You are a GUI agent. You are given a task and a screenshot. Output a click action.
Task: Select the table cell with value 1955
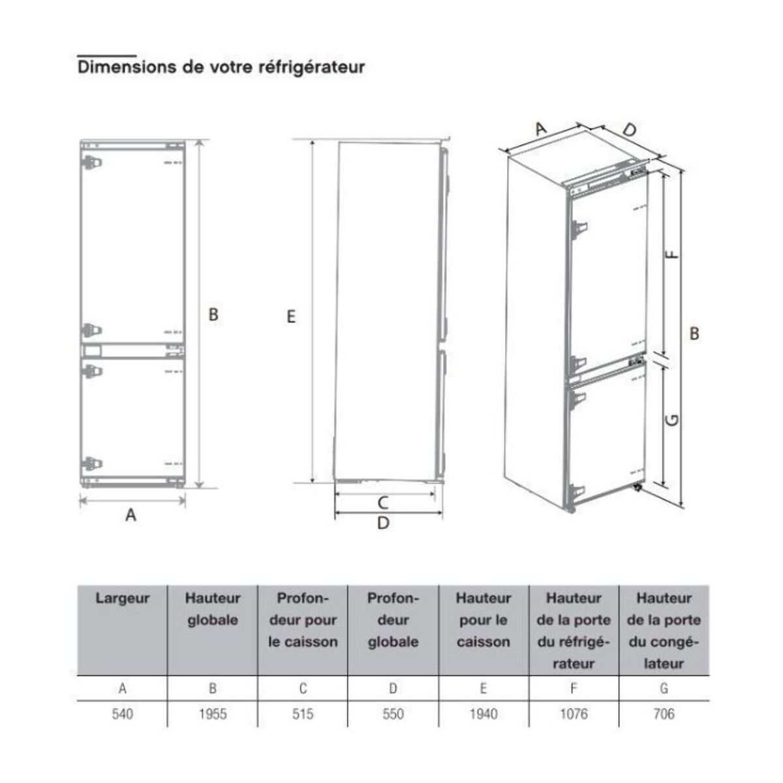coord(213,714)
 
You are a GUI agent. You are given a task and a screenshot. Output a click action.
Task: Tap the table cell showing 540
coord(122,714)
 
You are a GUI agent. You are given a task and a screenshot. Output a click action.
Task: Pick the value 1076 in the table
coord(574,714)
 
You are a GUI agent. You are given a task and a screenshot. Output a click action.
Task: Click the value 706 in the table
coord(664,714)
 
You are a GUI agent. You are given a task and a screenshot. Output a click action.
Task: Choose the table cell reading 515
coord(303,714)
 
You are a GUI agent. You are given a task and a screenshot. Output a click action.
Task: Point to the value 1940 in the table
coord(484,714)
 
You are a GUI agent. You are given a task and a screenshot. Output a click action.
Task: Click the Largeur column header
coord(122,598)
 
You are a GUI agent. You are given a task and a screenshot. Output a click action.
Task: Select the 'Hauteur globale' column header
coord(213,609)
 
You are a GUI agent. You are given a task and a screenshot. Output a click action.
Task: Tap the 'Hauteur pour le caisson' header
coord(484,620)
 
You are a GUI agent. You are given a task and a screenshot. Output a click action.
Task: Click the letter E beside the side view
coord(291,316)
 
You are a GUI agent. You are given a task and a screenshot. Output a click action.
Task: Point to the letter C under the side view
coord(384,503)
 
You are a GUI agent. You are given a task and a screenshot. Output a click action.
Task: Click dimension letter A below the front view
coord(131,515)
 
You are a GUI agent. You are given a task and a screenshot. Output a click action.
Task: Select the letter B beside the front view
coord(213,315)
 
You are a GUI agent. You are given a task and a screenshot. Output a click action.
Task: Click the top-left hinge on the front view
coord(91,162)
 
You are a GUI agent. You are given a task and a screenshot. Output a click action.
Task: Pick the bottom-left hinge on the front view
coord(91,465)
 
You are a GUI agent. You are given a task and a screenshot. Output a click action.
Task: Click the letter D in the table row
coord(393,688)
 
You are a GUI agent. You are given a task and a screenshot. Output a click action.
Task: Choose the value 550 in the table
coord(393,714)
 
